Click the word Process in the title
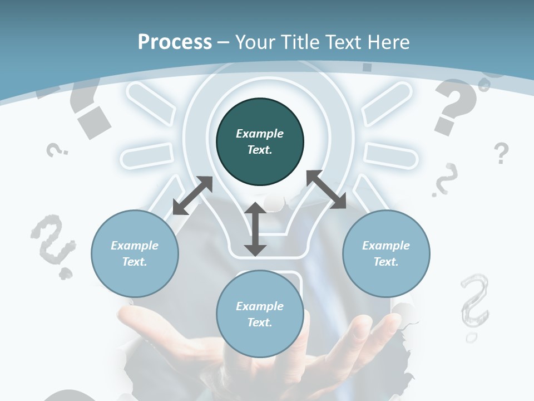[175, 42]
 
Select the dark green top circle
[260, 141]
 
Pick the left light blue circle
[135, 253]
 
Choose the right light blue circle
[386, 253]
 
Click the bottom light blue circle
[260, 314]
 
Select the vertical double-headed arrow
[255, 229]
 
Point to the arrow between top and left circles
[192, 195]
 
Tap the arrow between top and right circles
[327, 189]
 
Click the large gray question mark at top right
[456, 106]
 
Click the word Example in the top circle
[260, 134]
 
